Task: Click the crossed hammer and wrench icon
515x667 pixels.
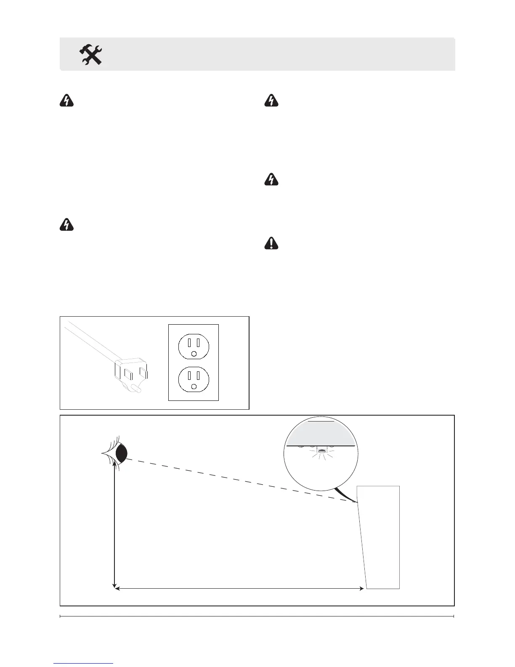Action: [x=91, y=55]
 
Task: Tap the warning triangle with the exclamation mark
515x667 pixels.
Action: [x=271, y=244]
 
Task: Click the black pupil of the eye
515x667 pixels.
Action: [x=122, y=453]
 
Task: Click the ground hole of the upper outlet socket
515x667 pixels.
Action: [x=194, y=354]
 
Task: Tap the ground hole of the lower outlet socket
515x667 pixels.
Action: [x=194, y=386]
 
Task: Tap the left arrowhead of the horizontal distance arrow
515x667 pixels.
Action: [x=118, y=589]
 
